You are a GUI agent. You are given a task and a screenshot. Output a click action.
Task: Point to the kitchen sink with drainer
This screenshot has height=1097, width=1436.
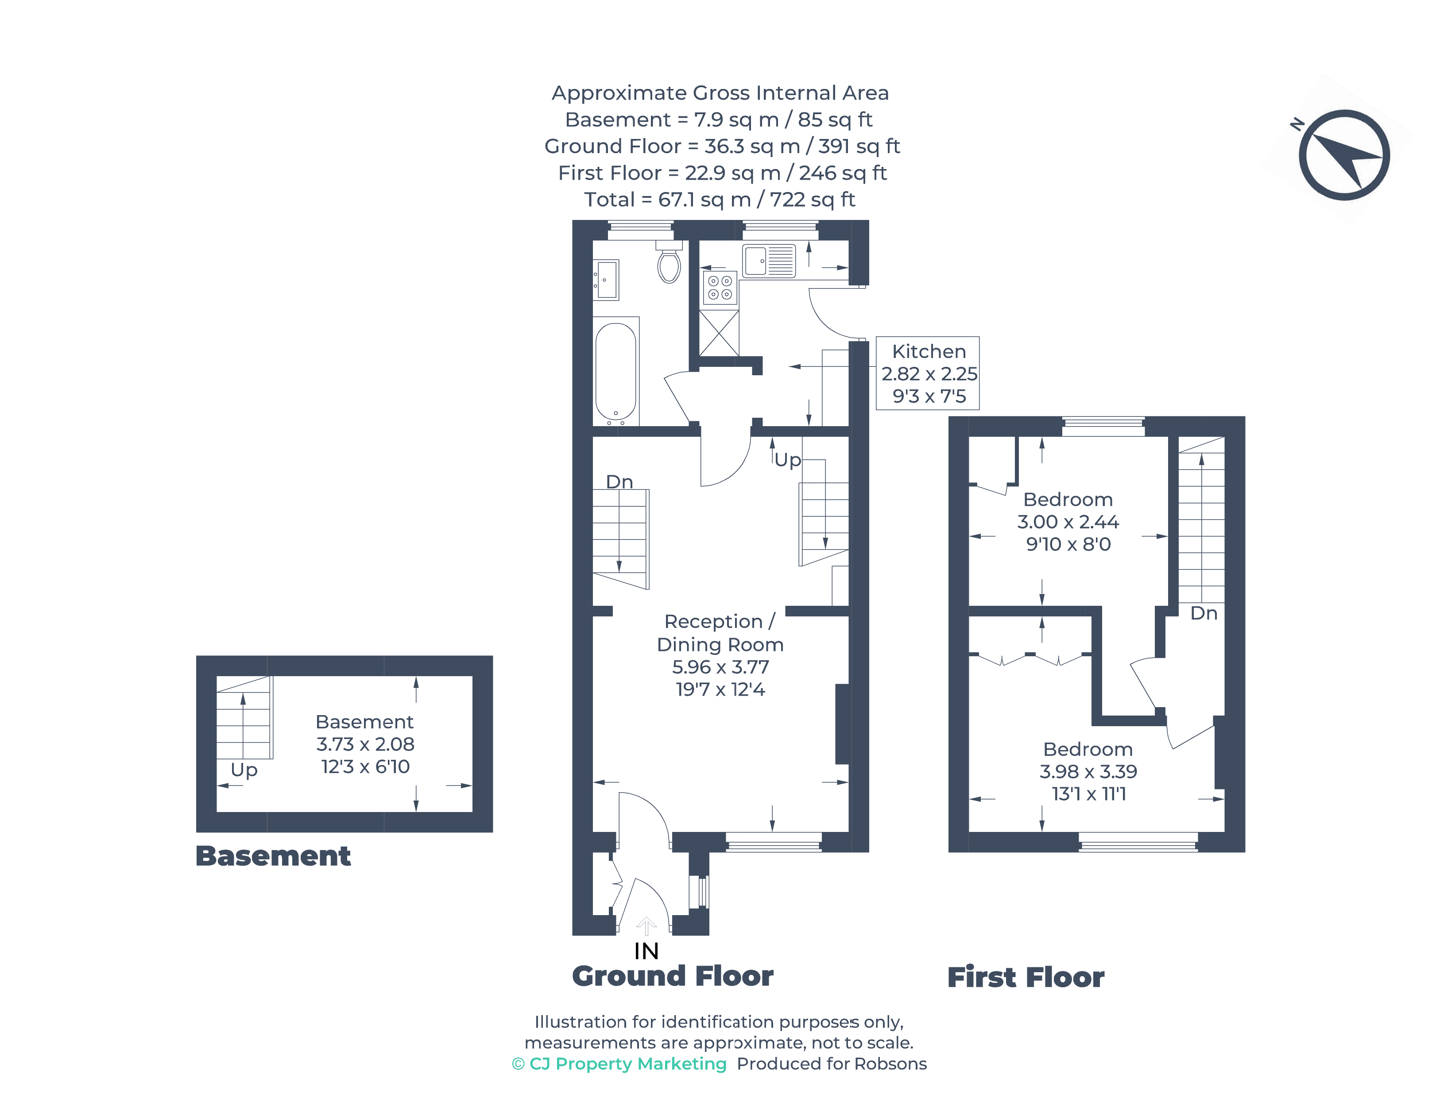pos(769,261)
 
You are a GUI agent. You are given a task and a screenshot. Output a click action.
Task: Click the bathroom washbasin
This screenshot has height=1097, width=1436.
pos(606,280)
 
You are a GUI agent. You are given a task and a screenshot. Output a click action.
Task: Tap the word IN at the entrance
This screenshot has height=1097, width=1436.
pos(646,951)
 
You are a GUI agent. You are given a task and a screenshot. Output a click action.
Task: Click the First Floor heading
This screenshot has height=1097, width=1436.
pos(1026,978)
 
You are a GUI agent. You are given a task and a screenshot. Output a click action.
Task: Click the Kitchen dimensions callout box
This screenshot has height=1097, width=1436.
pos(928,373)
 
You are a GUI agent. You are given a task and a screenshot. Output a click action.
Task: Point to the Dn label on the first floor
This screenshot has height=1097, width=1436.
pos(1204,613)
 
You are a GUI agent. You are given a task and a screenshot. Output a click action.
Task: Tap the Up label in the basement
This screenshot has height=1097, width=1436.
pos(244,770)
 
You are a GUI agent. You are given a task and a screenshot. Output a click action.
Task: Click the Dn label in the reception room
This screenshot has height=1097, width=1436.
pos(619,482)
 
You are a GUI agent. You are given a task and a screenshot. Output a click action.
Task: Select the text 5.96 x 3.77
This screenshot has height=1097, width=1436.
pos(720,667)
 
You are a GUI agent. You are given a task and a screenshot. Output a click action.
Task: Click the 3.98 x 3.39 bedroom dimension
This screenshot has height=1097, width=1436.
pos(1088,772)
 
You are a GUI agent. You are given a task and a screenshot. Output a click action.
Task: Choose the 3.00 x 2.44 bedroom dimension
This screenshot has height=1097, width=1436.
pos(1068,522)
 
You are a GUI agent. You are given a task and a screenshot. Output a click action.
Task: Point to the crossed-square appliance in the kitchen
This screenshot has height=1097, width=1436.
pos(719,333)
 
